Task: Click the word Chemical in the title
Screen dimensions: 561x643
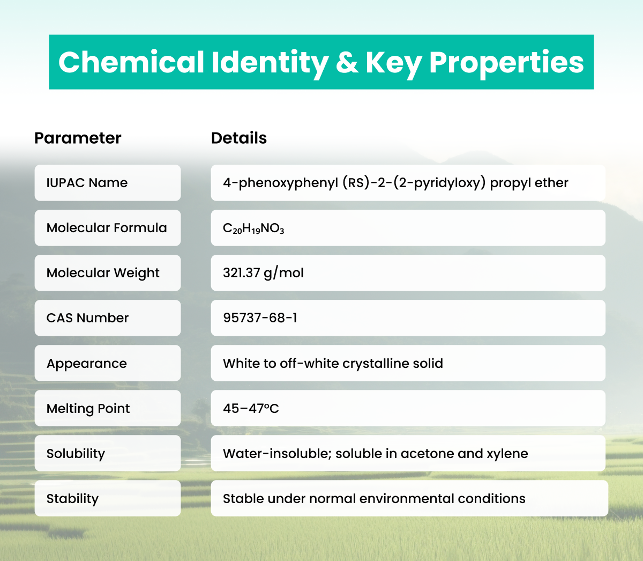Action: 131,62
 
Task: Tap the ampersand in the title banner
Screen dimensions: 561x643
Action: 347,63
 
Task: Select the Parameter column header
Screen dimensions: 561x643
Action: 78,138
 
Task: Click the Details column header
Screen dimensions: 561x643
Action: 239,138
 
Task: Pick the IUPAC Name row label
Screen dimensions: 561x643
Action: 87,183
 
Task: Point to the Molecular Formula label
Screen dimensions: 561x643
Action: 107,228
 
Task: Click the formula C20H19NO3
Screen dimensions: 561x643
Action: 253,228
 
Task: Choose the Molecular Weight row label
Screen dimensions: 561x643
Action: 103,273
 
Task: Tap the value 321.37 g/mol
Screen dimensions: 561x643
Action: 263,273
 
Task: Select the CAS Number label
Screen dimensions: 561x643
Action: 87,318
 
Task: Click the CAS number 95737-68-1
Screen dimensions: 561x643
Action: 260,318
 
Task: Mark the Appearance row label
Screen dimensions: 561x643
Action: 87,364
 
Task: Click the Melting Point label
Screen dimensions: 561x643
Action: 88,409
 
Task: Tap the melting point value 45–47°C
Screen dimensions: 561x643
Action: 251,409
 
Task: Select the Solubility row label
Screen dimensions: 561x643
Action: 76,454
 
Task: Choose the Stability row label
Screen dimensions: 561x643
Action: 72,499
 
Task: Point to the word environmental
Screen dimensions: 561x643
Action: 406,499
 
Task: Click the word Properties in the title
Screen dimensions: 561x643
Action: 506,63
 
